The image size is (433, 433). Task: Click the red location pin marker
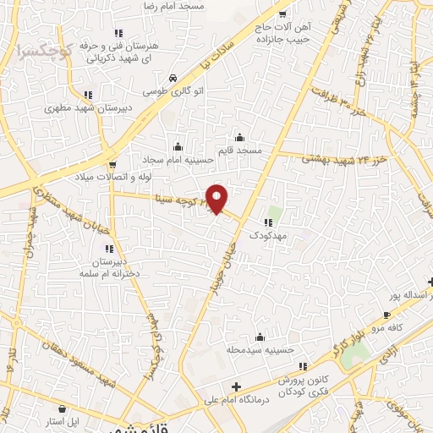pos(217,198)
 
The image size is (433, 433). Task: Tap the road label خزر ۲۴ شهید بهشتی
pos(343,158)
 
